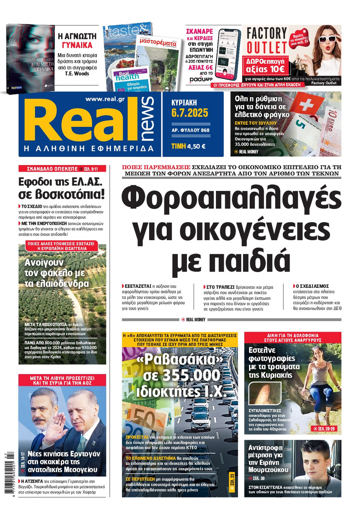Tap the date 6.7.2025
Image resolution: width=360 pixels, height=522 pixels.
(189, 113)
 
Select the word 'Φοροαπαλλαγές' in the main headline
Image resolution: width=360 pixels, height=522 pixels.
(231, 199)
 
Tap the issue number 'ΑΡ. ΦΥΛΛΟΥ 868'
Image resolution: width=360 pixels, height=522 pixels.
(190, 130)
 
